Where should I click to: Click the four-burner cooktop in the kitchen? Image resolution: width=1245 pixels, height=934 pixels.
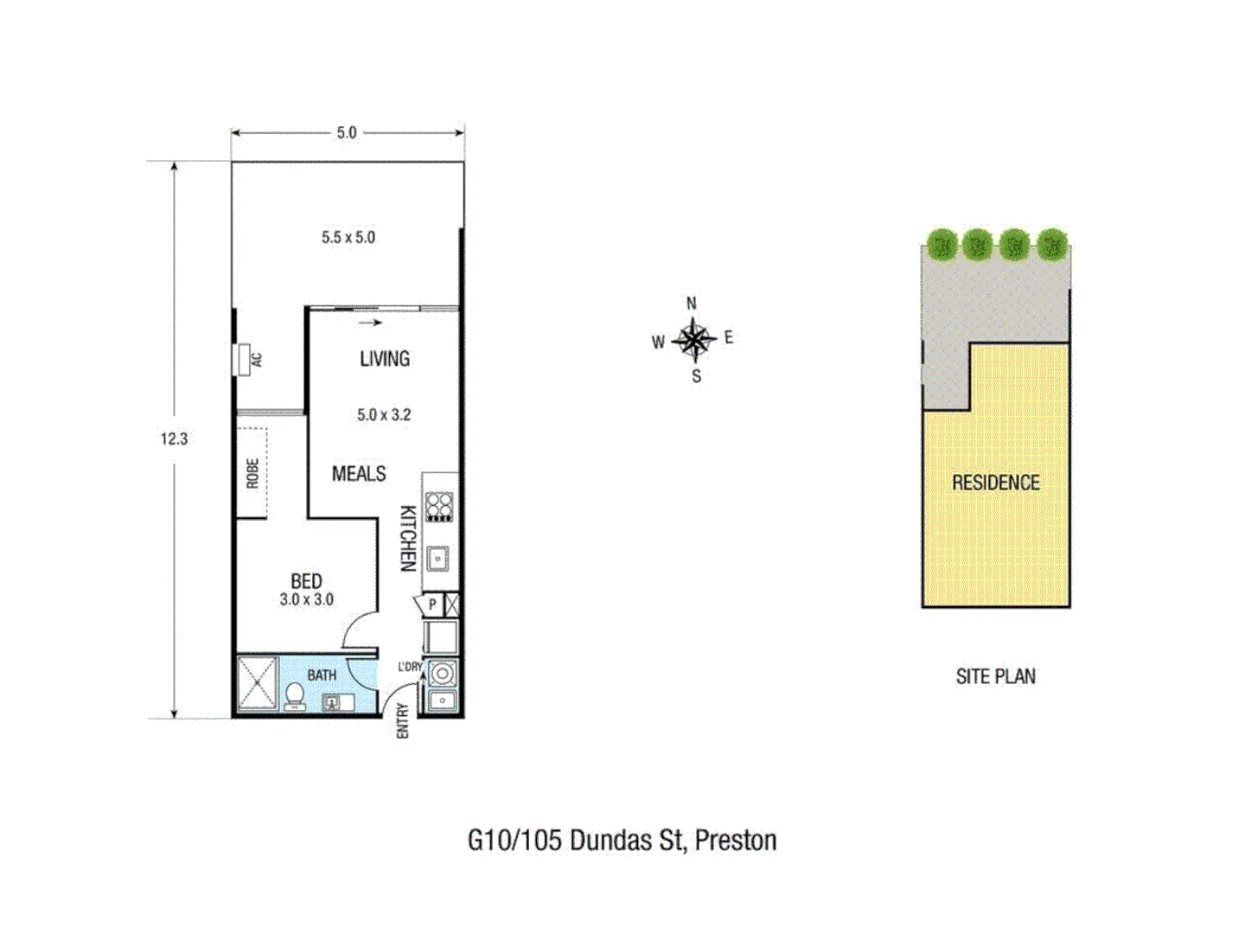pyautogui.click(x=439, y=506)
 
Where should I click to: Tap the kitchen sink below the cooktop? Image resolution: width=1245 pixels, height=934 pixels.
pyautogui.click(x=438, y=559)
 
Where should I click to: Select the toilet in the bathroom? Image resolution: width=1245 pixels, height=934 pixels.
pyautogui.click(x=295, y=695)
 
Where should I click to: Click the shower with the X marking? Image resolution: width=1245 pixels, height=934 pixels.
pyautogui.click(x=258, y=683)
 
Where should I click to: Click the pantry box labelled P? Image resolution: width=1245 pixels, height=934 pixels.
pyautogui.click(x=432, y=605)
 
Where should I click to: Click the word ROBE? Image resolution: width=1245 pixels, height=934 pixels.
pyautogui.click(x=252, y=473)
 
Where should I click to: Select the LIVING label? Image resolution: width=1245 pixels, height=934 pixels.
pyautogui.click(x=385, y=359)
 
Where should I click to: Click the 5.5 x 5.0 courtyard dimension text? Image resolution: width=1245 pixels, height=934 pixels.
pyautogui.click(x=348, y=238)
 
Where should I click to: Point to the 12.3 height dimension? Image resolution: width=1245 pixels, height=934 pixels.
pyautogui.click(x=174, y=439)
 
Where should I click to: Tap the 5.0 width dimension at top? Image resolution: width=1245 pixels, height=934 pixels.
pyautogui.click(x=347, y=133)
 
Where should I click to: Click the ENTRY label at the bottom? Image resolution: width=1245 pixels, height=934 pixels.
pyautogui.click(x=402, y=720)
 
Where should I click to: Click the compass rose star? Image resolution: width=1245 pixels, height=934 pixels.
pyautogui.click(x=693, y=339)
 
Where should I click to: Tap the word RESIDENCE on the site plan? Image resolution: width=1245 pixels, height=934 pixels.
pyautogui.click(x=996, y=483)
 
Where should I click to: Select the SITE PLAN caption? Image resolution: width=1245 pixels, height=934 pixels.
pyautogui.click(x=996, y=676)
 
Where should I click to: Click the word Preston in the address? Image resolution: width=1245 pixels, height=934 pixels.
pyautogui.click(x=736, y=841)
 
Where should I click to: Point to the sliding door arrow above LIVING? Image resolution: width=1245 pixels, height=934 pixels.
pyautogui.click(x=371, y=323)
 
